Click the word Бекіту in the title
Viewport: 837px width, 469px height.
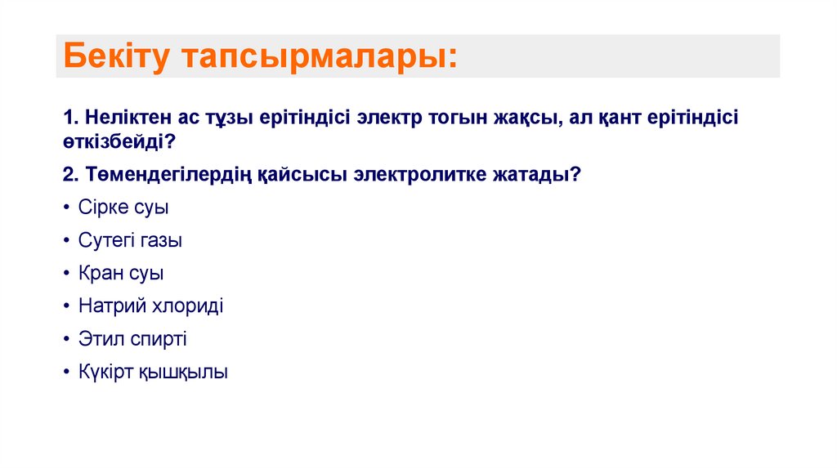tap(114, 57)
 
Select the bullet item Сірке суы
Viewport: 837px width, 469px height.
tap(123, 208)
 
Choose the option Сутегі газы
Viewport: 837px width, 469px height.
tap(130, 241)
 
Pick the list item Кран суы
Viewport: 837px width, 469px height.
tap(121, 274)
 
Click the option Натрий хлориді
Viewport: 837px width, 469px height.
tap(150, 306)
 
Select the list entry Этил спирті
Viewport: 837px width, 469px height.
tap(132, 339)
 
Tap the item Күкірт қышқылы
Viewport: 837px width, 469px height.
tap(153, 373)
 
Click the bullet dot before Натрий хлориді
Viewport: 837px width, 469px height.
tap(65, 307)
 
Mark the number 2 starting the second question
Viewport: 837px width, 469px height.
tap(67, 175)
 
